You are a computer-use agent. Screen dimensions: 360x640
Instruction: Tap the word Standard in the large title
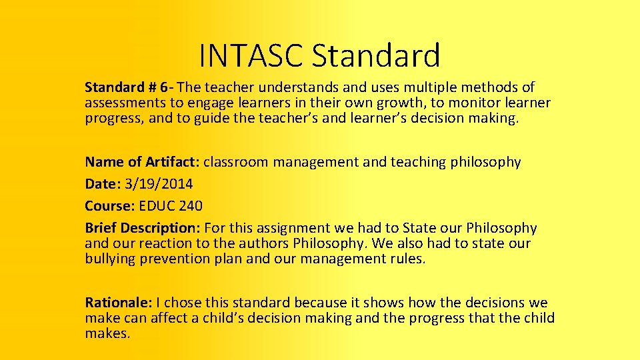click(376, 55)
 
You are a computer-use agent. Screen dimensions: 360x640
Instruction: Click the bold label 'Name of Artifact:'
click(142, 162)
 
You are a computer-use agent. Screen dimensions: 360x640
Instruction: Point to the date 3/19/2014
click(159, 184)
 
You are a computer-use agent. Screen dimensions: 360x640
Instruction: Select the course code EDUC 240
click(171, 206)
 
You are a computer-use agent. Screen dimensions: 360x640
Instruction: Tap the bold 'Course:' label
click(109, 206)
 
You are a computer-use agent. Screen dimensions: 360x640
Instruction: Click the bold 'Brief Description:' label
click(143, 228)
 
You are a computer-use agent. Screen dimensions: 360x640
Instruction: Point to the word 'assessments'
click(124, 103)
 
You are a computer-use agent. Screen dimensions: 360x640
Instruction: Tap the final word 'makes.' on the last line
click(107, 333)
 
